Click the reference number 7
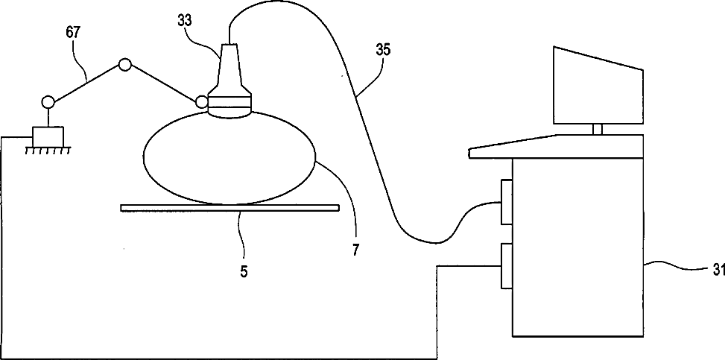356,250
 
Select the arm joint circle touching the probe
200,102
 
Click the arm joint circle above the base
48,101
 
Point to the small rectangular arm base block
48,136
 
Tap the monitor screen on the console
598,86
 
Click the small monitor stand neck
597,130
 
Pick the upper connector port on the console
506,201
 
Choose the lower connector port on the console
506,265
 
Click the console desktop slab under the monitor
555,145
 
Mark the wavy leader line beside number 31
671,265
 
